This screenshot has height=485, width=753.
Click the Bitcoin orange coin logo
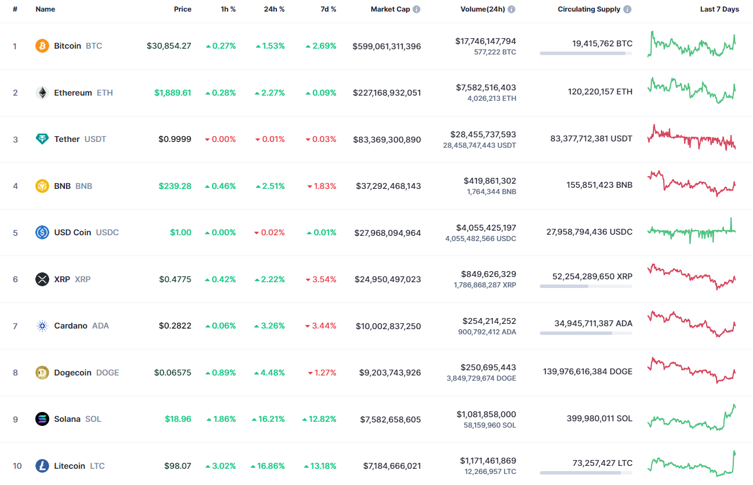coord(42,46)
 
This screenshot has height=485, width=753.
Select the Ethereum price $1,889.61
coord(173,93)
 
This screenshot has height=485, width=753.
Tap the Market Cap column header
coord(390,9)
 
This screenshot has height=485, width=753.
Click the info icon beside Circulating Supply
coord(627,9)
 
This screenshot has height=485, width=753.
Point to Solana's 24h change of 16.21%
coord(268,419)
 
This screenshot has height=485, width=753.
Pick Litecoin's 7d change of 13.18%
coord(319,466)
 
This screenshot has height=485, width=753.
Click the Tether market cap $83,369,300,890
coord(387,140)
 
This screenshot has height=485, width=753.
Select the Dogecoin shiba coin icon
coord(42,373)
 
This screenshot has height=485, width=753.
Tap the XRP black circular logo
coord(42,279)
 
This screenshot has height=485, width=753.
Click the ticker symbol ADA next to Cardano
coord(100,326)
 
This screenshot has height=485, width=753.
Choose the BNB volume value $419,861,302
coord(489,181)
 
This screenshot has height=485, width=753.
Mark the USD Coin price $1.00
coord(181,232)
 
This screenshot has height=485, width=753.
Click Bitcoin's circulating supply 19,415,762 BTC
coord(594,43)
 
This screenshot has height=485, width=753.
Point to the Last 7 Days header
coord(719,9)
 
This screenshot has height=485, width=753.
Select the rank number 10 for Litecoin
coord(17,466)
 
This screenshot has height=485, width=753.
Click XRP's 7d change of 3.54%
coord(321,279)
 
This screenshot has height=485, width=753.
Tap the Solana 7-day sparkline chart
coord(692,418)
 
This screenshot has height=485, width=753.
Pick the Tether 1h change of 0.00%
coord(221,140)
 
